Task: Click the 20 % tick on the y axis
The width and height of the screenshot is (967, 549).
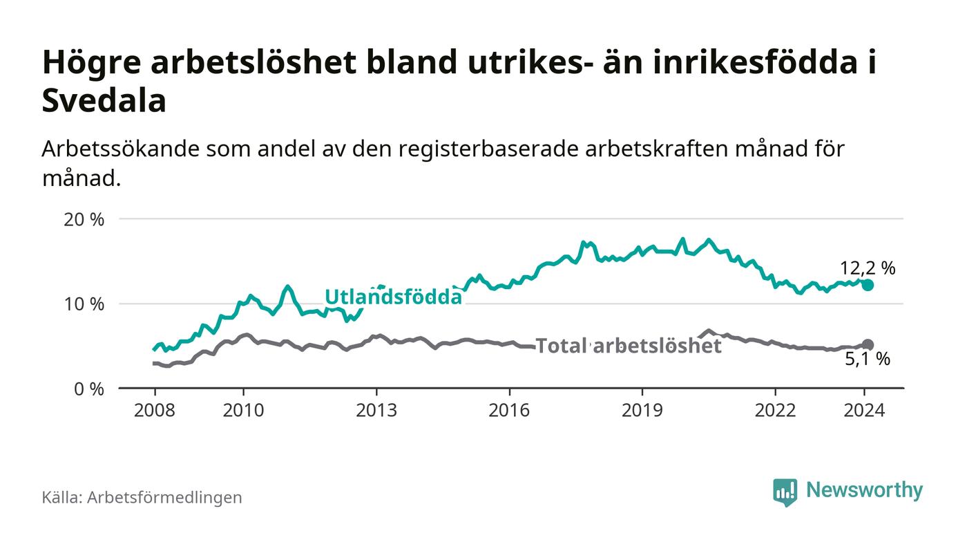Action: tap(84, 220)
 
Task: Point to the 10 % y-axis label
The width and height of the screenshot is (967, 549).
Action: tap(84, 304)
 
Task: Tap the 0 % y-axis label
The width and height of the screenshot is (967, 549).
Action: tap(88, 389)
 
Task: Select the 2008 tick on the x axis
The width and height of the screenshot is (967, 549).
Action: tap(153, 410)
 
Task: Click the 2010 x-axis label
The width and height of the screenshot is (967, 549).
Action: tap(243, 410)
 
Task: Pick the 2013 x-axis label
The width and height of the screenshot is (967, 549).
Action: tap(376, 410)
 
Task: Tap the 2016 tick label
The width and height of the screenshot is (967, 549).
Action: tap(509, 410)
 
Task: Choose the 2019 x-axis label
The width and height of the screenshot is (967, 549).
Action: tap(642, 410)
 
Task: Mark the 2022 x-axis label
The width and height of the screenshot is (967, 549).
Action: tap(775, 410)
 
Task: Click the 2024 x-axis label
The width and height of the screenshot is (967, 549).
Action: tap(864, 410)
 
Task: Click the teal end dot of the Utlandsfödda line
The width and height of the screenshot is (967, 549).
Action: tap(868, 286)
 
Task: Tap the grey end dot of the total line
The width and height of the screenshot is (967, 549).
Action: tap(868, 344)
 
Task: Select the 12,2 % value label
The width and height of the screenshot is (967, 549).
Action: tap(867, 268)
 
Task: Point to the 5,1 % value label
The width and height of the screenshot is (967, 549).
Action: tap(867, 360)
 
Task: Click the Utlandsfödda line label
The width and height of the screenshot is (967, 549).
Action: tap(393, 297)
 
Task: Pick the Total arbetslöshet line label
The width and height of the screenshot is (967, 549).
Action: tap(629, 346)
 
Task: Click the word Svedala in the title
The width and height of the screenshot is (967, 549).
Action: tap(104, 101)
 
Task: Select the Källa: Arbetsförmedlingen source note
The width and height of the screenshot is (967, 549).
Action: tap(142, 497)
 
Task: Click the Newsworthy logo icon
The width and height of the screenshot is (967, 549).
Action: tap(785, 492)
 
